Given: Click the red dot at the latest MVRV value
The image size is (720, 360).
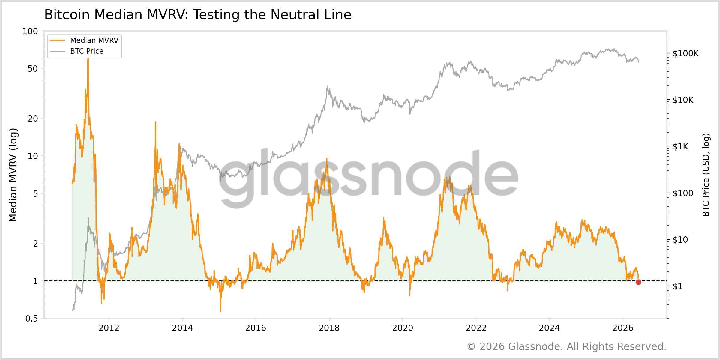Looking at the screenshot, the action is pyautogui.click(x=638, y=282).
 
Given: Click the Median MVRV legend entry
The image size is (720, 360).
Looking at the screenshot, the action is pyautogui.click(x=84, y=40).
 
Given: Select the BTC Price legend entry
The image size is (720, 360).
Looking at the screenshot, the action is pyautogui.click(x=77, y=51).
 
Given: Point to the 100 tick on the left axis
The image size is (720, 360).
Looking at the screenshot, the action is pyautogui.click(x=30, y=31).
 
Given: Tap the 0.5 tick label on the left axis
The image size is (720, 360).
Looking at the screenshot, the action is pyautogui.click(x=32, y=319).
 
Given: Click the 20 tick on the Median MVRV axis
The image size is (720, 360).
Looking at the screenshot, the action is pyautogui.click(x=33, y=118).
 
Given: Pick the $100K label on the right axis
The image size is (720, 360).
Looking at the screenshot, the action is pyautogui.click(x=686, y=53).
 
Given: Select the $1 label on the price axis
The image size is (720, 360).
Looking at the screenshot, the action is pyautogui.click(x=678, y=286).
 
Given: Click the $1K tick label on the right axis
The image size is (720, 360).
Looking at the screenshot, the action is pyautogui.click(x=680, y=146).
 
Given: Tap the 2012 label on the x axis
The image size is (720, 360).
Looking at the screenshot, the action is pyautogui.click(x=109, y=328).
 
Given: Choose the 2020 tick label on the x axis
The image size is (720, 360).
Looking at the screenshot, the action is pyautogui.click(x=403, y=328).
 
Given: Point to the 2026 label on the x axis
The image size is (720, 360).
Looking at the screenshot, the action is pyautogui.click(x=623, y=328).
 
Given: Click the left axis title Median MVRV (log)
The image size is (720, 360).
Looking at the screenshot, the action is pyautogui.click(x=13, y=175).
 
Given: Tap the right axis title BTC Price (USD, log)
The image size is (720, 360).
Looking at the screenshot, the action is pyautogui.click(x=706, y=175).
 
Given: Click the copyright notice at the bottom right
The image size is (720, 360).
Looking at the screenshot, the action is pyautogui.click(x=567, y=347).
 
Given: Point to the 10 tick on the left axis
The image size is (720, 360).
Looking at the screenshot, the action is pyautogui.click(x=33, y=156).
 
